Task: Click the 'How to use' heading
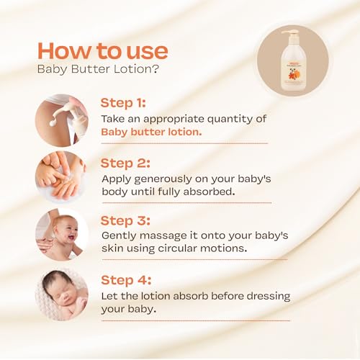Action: [x=103, y=51]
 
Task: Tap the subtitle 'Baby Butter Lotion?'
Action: [x=98, y=69]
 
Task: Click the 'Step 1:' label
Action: [x=123, y=103]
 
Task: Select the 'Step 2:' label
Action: [x=125, y=163]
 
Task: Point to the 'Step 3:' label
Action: [x=125, y=221]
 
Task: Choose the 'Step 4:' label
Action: [x=126, y=280]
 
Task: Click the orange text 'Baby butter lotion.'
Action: [x=151, y=132]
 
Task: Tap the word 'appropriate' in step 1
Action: [x=174, y=120]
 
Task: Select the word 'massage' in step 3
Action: [x=163, y=236]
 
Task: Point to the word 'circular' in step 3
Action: [x=177, y=248]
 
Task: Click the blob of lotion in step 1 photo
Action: [x=53, y=123]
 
